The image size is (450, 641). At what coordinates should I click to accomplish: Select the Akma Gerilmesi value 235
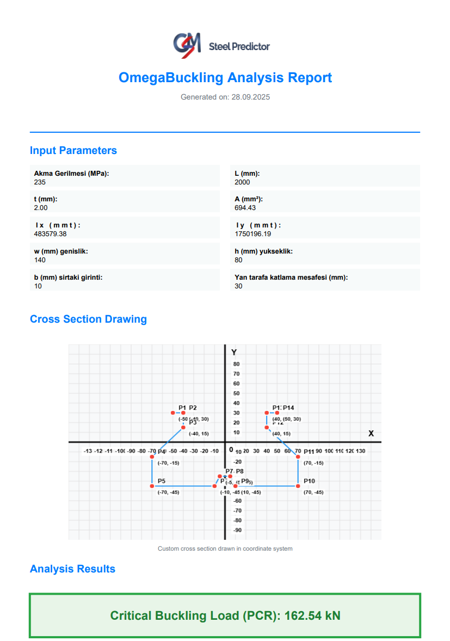[40, 182]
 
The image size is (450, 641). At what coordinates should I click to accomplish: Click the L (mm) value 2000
[242, 182]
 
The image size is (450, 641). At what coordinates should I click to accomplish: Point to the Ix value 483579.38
[50, 234]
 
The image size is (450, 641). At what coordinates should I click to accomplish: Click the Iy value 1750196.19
[253, 234]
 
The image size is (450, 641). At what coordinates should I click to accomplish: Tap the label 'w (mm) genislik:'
[61, 251]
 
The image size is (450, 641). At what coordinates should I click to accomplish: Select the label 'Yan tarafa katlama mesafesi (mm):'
[291, 278]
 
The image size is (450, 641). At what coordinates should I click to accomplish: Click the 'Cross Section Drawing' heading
[88, 319]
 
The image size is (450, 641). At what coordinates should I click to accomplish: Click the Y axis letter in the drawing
[234, 353]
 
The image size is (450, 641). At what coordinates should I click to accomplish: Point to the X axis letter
[371, 434]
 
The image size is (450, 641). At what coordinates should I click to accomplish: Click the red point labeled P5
[152, 486]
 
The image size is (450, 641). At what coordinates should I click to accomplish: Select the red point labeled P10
[298, 486]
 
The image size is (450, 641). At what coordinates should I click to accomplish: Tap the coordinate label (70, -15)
[313, 463]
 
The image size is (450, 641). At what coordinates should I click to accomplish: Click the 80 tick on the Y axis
[236, 364]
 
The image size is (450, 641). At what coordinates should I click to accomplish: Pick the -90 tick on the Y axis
[237, 530]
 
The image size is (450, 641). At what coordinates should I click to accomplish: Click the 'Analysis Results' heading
[72, 569]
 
